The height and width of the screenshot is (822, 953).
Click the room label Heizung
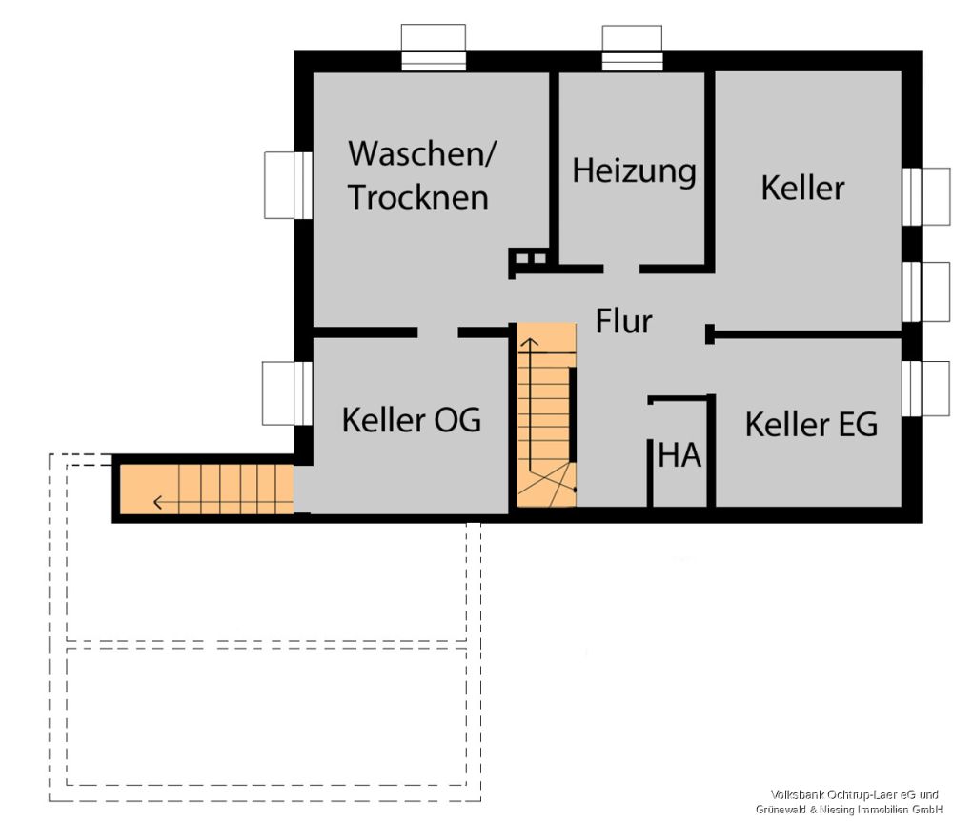[634, 171]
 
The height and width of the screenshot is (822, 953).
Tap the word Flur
[624, 321]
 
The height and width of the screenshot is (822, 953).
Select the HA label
[679, 456]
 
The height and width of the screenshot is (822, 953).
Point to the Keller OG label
[412, 420]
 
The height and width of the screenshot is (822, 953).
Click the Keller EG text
[811, 424]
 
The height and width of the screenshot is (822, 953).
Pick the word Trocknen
[417, 196]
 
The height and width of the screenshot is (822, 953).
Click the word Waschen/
[422, 152]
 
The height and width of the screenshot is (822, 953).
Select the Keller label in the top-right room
[802, 188]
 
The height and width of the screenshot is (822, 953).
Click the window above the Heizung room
[632, 48]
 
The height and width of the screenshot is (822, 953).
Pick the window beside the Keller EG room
[924, 389]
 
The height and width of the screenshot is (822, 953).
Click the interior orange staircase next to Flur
[546, 414]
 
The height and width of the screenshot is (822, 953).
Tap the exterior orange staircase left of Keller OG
[205, 489]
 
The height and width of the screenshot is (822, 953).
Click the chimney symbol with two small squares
[529, 258]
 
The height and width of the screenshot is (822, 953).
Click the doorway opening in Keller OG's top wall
[437, 332]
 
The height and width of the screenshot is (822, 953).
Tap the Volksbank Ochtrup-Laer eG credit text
[855, 794]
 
